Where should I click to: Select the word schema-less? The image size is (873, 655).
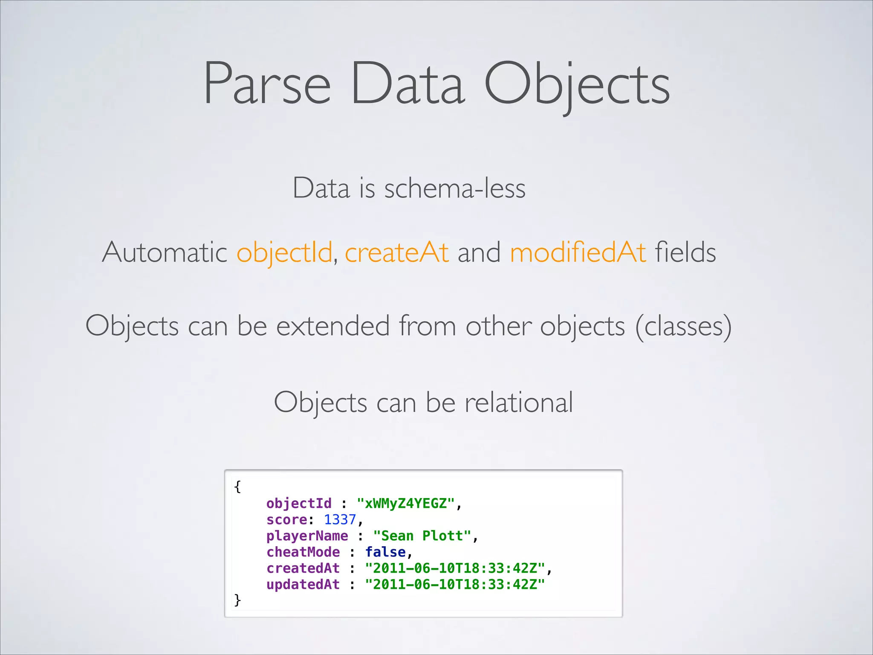tap(454, 188)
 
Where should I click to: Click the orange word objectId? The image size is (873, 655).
tap(284, 252)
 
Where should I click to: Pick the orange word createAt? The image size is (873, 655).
tap(396, 252)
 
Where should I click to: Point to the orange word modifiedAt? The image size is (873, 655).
tap(578, 252)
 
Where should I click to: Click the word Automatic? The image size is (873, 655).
tap(165, 252)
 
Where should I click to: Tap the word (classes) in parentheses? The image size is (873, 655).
tap(683, 327)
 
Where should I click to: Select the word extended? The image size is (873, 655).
tap(333, 326)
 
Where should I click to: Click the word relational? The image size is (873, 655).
tap(518, 402)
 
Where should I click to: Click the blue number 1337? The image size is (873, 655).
tap(340, 519)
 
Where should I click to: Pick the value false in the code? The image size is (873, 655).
tap(385, 552)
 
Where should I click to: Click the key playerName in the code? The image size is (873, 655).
tap(307, 536)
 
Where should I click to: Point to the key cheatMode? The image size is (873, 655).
tap(303, 552)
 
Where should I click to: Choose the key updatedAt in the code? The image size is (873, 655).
tap(303, 584)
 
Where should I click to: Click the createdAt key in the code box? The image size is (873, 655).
tap(303, 568)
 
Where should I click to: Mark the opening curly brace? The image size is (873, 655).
tap(237, 487)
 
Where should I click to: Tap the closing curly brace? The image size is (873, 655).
tap(237, 600)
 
